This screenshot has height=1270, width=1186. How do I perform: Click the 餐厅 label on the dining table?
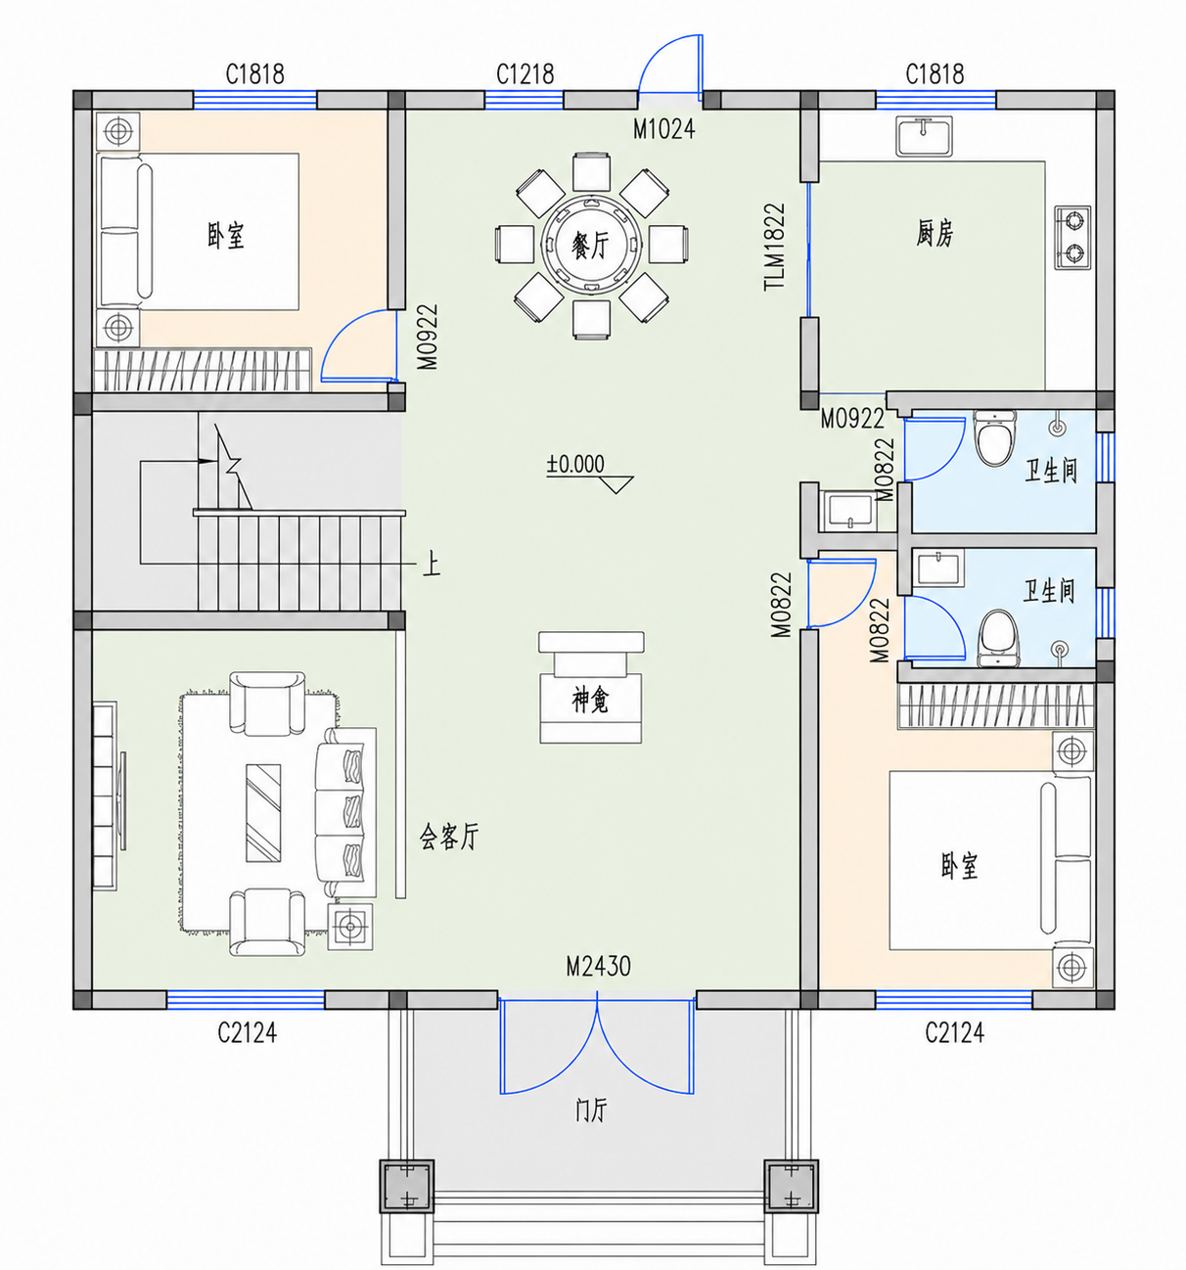click(590, 245)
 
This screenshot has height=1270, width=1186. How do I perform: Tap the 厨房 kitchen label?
click(935, 233)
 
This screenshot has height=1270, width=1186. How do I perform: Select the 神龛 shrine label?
click(590, 702)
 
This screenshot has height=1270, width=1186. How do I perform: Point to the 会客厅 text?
click(449, 836)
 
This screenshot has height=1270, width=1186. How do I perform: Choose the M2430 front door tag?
click(599, 966)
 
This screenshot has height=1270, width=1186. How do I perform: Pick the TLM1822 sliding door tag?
click(774, 247)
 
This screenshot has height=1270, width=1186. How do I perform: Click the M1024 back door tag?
click(664, 130)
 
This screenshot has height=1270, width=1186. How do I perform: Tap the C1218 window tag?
click(525, 74)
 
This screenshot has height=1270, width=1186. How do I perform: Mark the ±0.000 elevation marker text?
click(575, 465)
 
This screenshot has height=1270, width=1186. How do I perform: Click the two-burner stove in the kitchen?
click(1072, 237)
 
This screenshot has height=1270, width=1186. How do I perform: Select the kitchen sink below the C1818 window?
click(924, 136)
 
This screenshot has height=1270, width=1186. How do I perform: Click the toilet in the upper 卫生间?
click(995, 436)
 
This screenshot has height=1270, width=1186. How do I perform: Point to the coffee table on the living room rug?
click(263, 813)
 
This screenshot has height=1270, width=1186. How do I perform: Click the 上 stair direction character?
click(432, 565)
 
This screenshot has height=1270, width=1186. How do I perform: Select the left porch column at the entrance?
click(407, 1186)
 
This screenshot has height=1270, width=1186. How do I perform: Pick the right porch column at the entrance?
click(792, 1186)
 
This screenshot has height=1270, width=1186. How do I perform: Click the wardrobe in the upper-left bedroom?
click(203, 370)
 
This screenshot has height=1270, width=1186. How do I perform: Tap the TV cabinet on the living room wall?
click(105, 795)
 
